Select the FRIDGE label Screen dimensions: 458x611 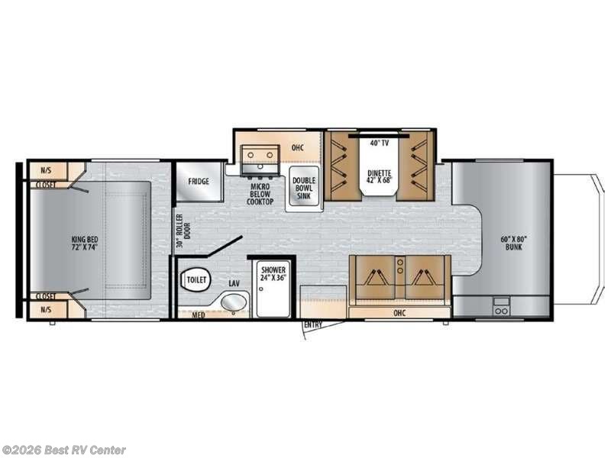[199, 182]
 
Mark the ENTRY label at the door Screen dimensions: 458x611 [312, 325]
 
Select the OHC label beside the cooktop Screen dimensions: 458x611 [299, 147]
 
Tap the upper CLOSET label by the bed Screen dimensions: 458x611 [44, 183]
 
